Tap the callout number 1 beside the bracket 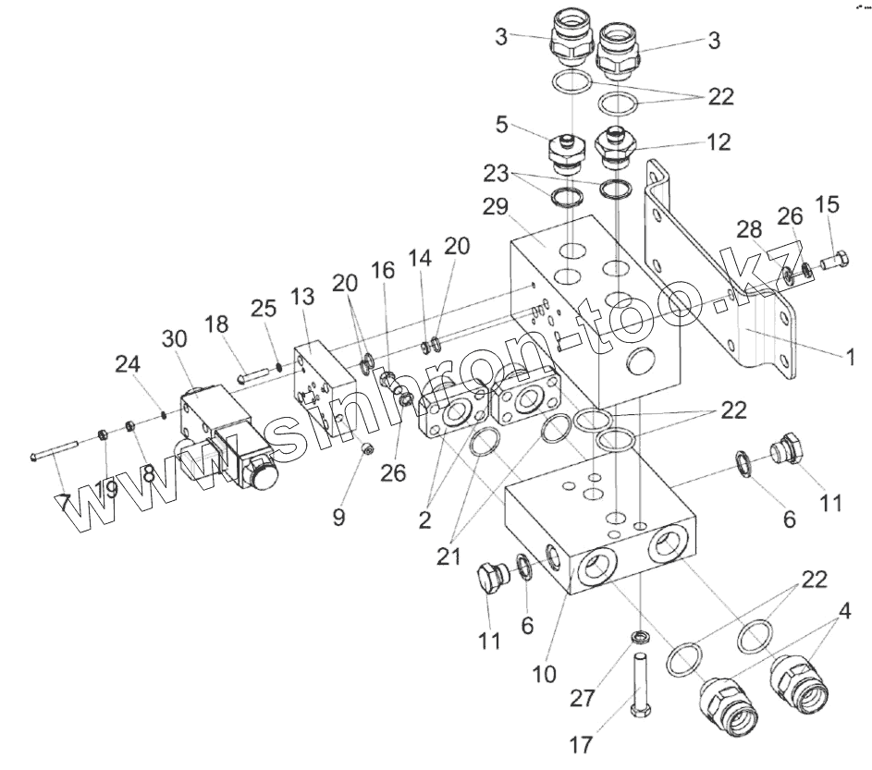coord(850,354)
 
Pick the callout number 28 coord(750,228)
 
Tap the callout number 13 coord(302,297)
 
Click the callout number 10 coord(545,674)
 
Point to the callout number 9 coord(339,517)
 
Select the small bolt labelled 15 coord(832,262)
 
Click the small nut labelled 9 coord(366,450)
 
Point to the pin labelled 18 coord(253,375)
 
